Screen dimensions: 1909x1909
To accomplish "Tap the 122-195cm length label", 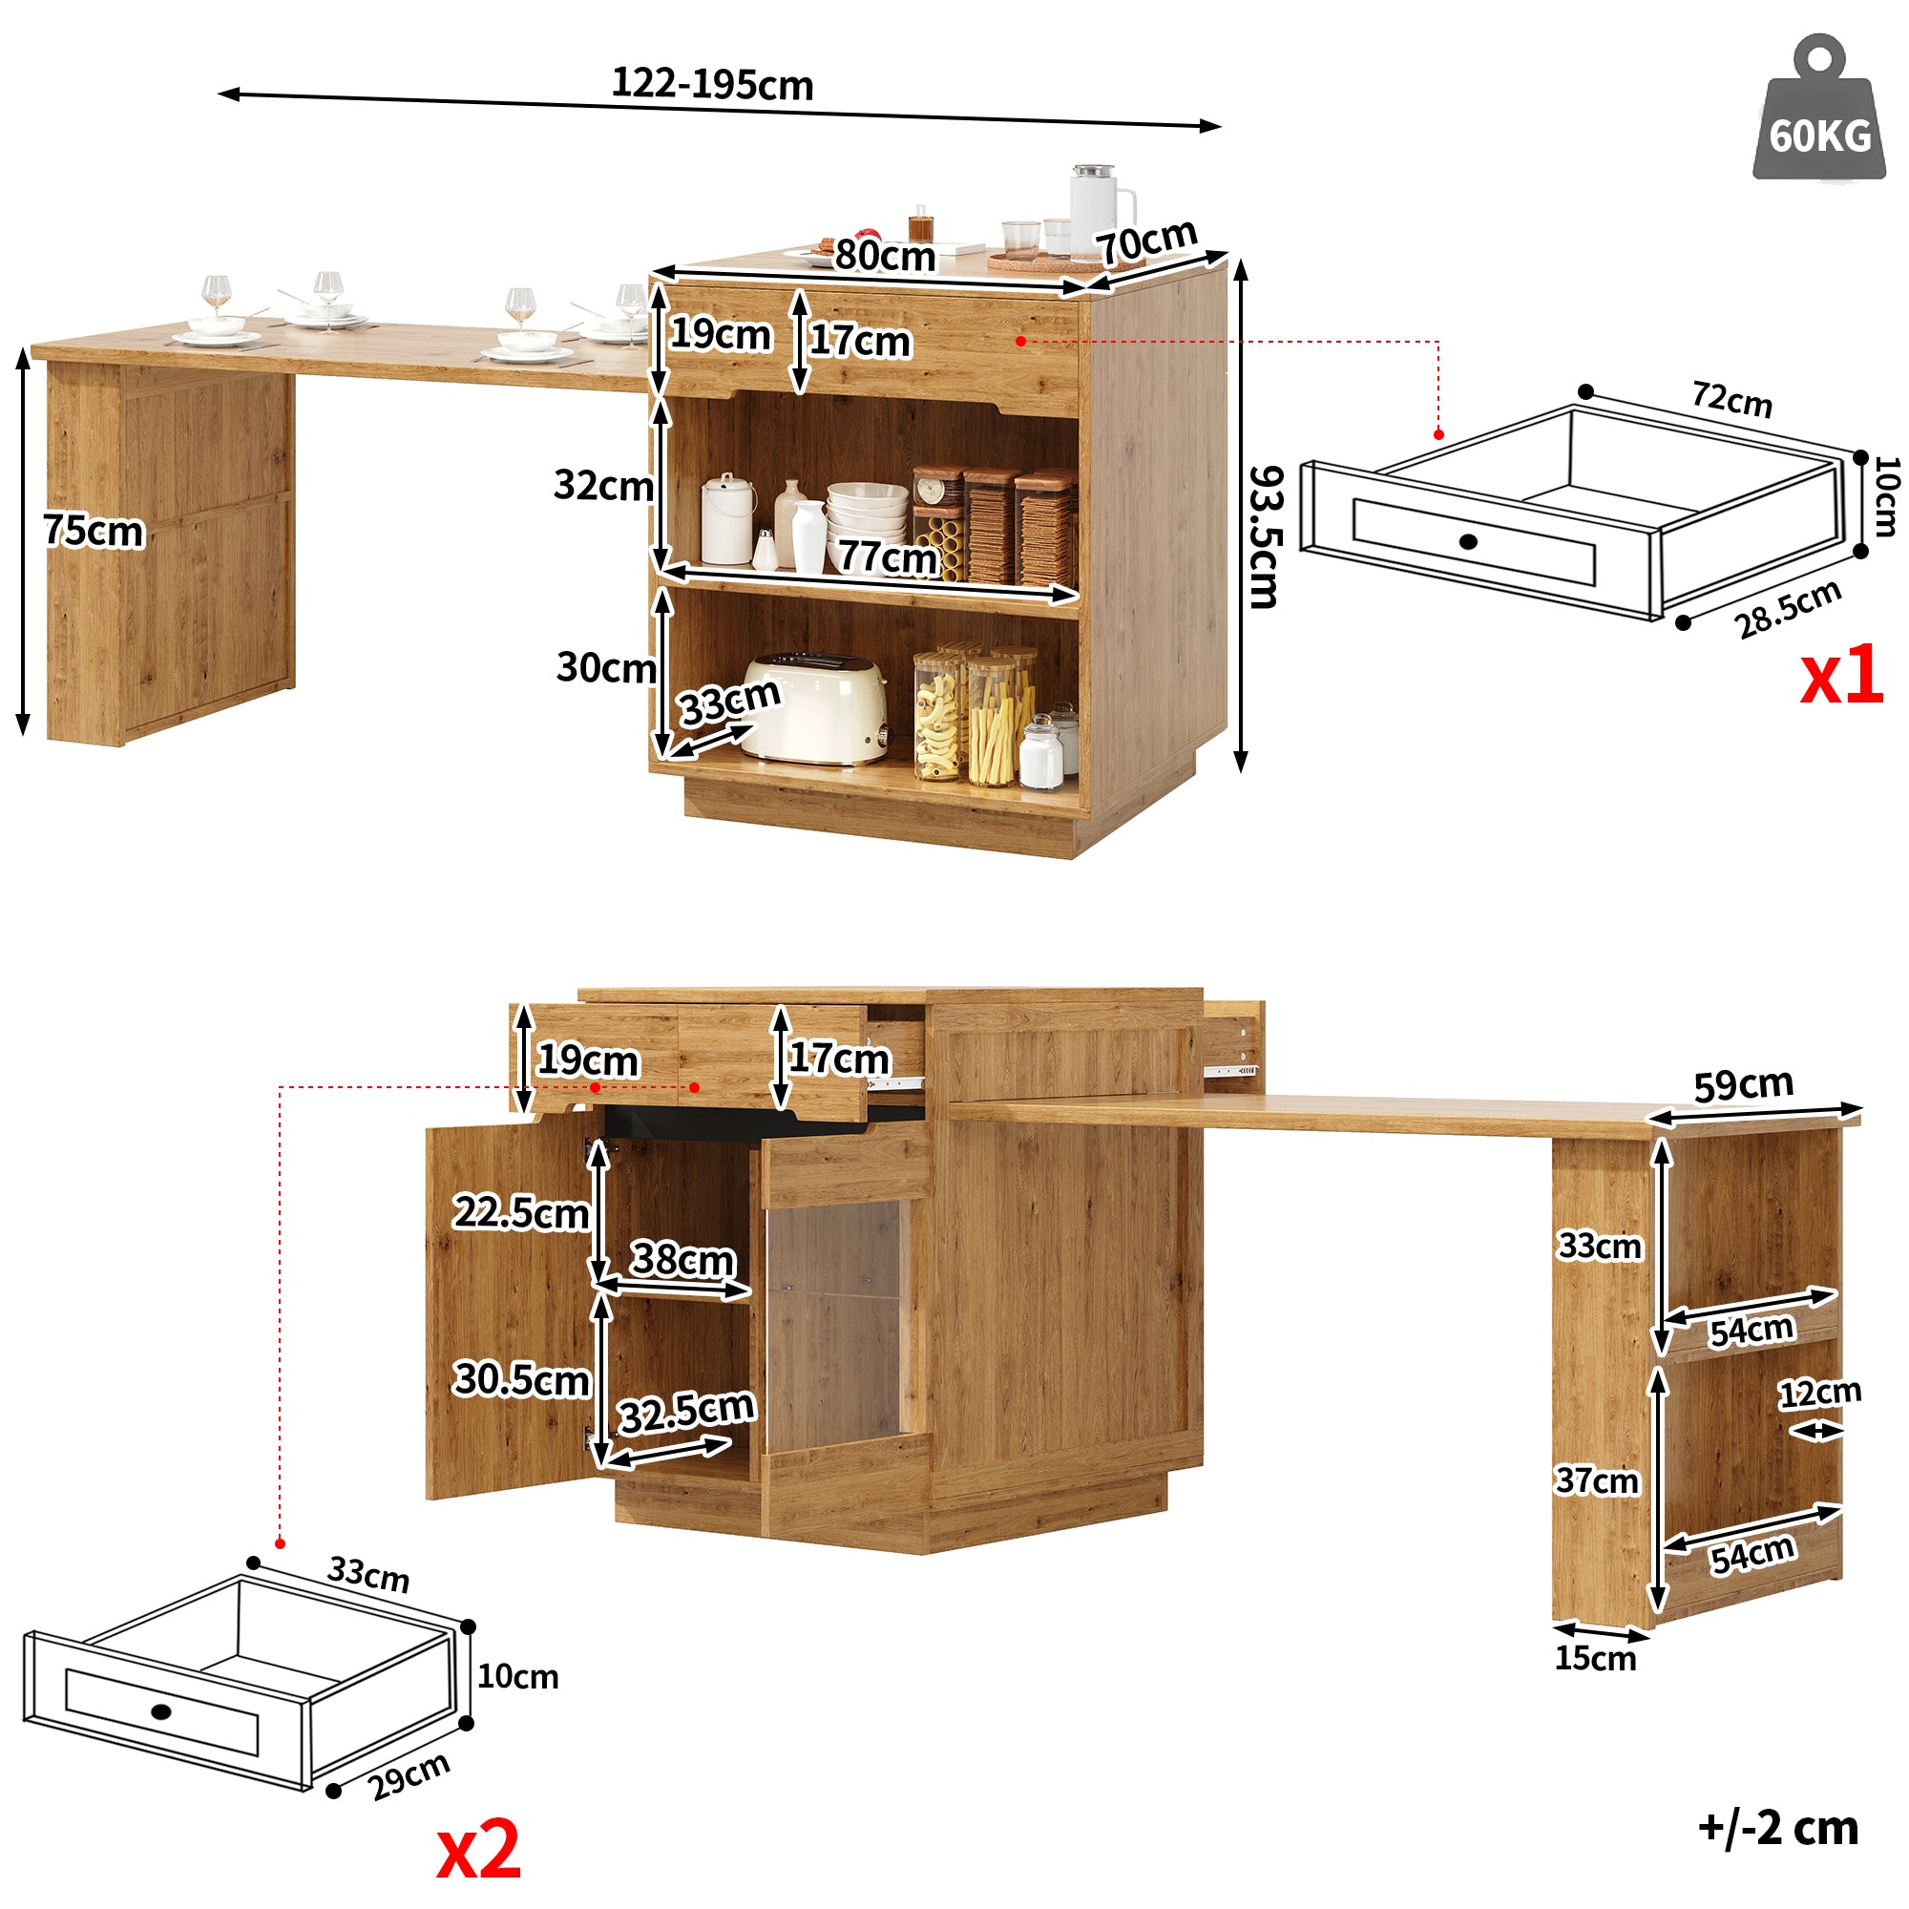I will pyautogui.click(x=711, y=84).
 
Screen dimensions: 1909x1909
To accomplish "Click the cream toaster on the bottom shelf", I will pyautogui.click(x=815, y=707).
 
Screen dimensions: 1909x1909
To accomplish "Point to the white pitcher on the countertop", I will pyautogui.click(x=1098, y=207).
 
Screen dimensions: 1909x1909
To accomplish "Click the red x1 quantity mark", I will pyautogui.click(x=1841, y=676).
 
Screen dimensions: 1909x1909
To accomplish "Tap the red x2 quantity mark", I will pyautogui.click(x=478, y=1850).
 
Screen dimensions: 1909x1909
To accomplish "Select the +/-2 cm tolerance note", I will pyautogui.click(x=1778, y=1827).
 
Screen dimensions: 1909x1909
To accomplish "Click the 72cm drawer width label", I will pyautogui.click(x=1731, y=399).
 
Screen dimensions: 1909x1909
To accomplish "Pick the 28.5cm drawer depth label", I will pyautogui.click(x=1788, y=609).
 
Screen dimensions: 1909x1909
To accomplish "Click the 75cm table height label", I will pyautogui.click(x=94, y=531).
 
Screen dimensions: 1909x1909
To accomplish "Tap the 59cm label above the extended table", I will pyautogui.click(x=1743, y=1085).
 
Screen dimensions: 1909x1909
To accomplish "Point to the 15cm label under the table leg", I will pyautogui.click(x=1595, y=1658).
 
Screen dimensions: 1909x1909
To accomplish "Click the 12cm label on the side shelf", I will pyautogui.click(x=1820, y=1395).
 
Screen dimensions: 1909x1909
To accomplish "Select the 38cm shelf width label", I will pyautogui.click(x=682, y=1259).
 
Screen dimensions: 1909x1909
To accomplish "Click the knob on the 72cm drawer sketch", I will pyautogui.click(x=1467, y=540).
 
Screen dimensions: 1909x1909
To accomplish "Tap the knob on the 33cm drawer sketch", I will pyautogui.click(x=162, y=1711).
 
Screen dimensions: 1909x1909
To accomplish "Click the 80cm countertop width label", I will pyautogui.click(x=885, y=256).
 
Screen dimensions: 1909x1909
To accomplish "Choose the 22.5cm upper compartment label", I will pyautogui.click(x=521, y=1212).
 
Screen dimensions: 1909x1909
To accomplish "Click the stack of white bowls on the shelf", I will pyautogui.click(x=867, y=511).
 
